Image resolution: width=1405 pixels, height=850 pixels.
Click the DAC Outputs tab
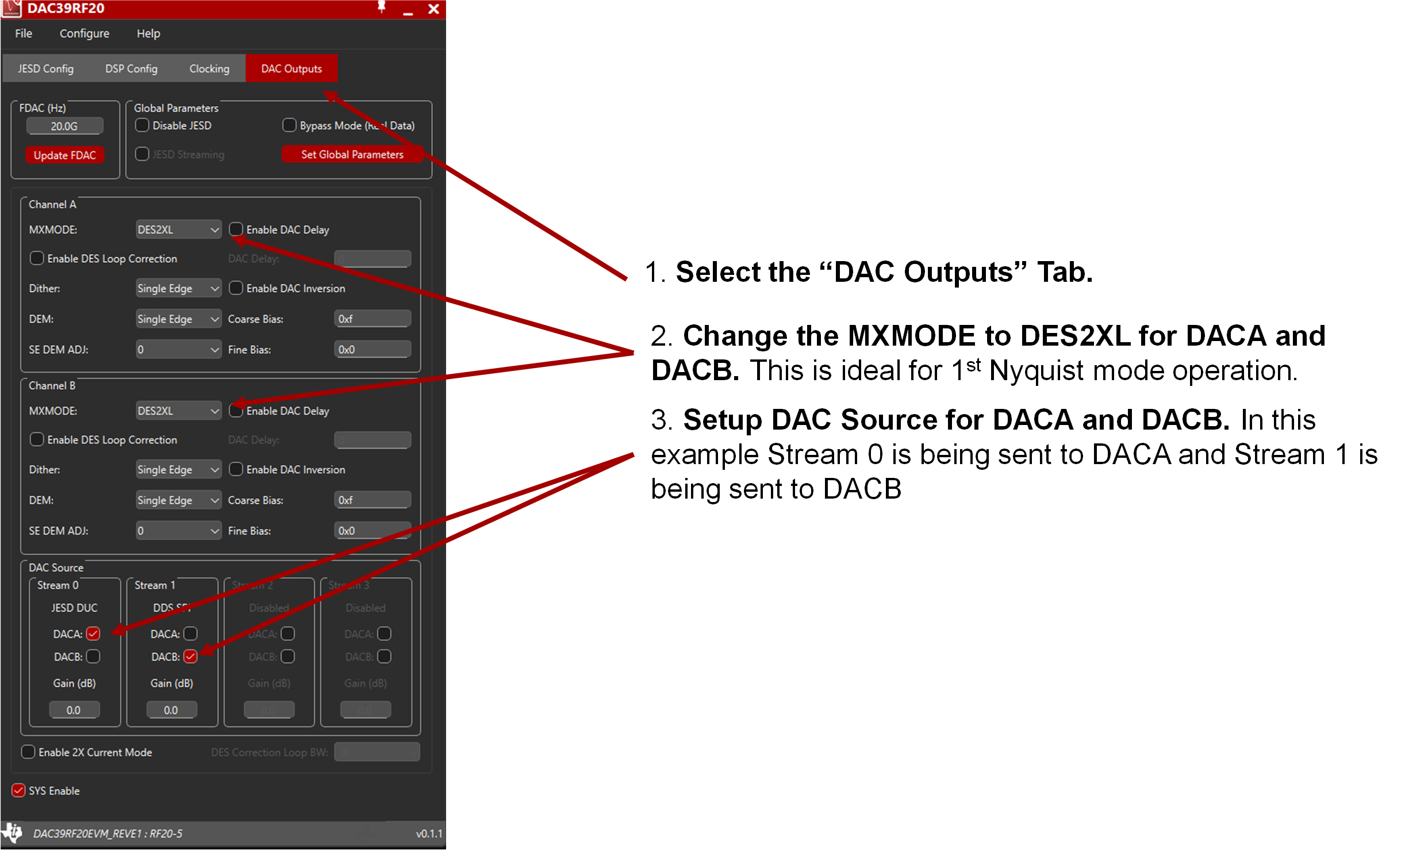coord(291,68)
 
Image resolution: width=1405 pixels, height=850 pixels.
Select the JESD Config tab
coord(45,68)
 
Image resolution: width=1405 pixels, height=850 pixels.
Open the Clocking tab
coord(209,68)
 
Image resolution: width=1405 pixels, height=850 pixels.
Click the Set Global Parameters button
coord(352,154)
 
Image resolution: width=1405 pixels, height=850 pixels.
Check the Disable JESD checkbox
coord(142,125)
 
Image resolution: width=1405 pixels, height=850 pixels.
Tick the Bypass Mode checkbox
coord(289,125)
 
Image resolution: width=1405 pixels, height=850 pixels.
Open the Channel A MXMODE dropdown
coord(178,229)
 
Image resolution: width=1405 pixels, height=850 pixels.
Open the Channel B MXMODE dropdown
coord(178,411)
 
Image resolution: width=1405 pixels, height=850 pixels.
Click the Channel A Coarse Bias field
coord(373,319)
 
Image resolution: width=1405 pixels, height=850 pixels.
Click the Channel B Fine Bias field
coord(373,530)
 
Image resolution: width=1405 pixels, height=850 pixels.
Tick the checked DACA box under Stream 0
coord(93,634)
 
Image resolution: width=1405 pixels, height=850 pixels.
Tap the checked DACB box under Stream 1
coord(190,656)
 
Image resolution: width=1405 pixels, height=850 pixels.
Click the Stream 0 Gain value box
coord(74,710)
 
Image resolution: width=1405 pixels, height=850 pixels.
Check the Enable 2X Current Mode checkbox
coord(28,752)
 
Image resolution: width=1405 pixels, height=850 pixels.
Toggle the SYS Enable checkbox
coord(18,790)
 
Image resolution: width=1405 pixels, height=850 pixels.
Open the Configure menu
coord(85,33)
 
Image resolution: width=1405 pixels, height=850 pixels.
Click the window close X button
coord(433,9)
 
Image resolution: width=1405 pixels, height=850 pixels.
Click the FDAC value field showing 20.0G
coord(64,126)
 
